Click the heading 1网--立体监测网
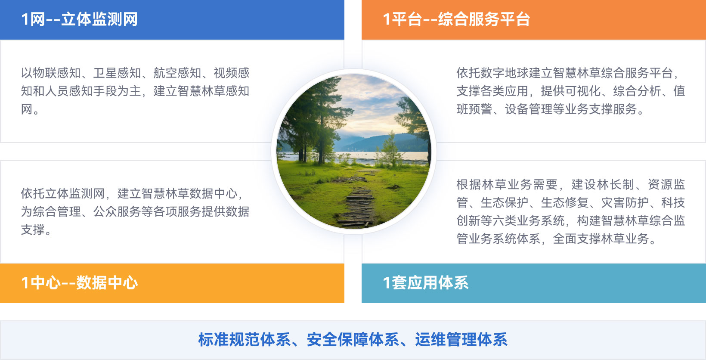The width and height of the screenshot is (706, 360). click(79, 19)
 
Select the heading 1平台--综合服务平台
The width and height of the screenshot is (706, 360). click(456, 19)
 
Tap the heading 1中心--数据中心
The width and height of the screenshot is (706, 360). click(79, 283)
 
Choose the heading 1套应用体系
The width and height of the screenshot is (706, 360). click(425, 283)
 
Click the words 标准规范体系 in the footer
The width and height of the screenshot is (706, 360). click(244, 340)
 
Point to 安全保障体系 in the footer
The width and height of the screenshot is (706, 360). click(353, 340)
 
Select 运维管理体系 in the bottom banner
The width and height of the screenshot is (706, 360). click(461, 340)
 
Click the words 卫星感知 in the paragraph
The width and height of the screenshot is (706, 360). click(117, 73)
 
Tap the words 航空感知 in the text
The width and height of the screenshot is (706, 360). click(177, 73)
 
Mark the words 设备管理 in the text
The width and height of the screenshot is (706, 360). click(529, 109)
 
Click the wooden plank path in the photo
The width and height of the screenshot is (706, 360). click(358, 202)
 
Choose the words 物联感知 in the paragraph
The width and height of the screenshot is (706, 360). click(57, 73)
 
